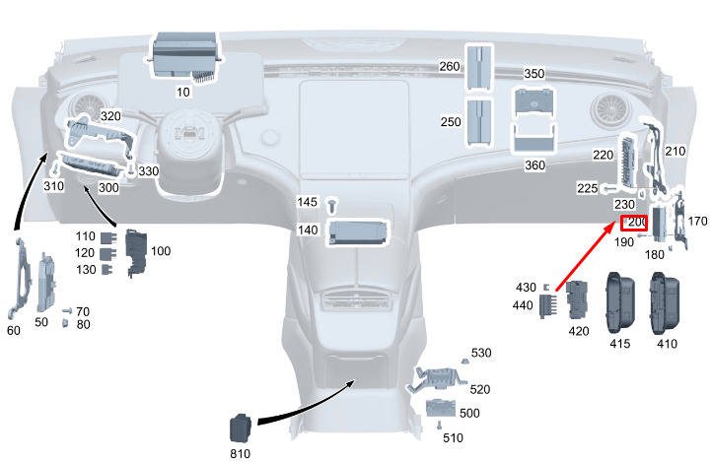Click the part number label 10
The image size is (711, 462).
182,92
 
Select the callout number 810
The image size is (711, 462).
240,453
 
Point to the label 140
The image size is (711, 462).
309,231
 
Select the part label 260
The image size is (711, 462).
450,66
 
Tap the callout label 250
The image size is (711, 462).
450,122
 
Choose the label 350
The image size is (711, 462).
533,74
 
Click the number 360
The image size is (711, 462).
533,165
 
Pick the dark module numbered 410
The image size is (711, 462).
667,302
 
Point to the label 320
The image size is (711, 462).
110,116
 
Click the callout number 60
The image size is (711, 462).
13,331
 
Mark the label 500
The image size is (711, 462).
469,413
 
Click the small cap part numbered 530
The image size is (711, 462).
462,363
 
